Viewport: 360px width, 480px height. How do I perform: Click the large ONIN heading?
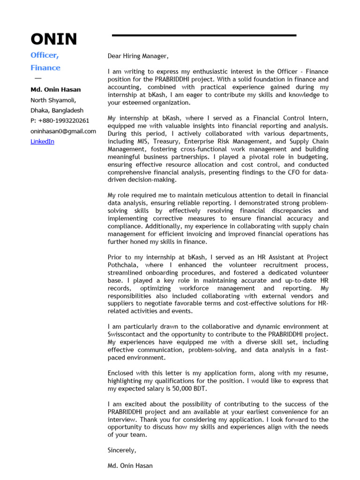(x=53, y=39)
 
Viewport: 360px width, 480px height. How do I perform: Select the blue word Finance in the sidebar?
(x=45, y=67)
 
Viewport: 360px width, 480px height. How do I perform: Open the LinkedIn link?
(x=42, y=141)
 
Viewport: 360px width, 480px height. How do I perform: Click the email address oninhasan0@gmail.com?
(x=63, y=131)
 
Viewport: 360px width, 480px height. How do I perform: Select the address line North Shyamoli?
(x=53, y=100)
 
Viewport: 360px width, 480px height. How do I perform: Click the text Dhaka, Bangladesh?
(x=57, y=111)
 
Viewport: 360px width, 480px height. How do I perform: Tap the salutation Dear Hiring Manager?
(x=138, y=56)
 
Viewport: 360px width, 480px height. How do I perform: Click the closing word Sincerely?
(x=122, y=450)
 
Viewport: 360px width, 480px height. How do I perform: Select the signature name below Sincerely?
(x=130, y=466)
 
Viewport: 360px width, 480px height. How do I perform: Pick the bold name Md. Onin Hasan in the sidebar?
(x=55, y=90)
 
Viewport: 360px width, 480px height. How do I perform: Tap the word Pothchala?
(x=123, y=265)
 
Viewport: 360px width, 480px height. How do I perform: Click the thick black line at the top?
(x=204, y=35)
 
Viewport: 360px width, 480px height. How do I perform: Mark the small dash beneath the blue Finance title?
(x=37, y=78)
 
